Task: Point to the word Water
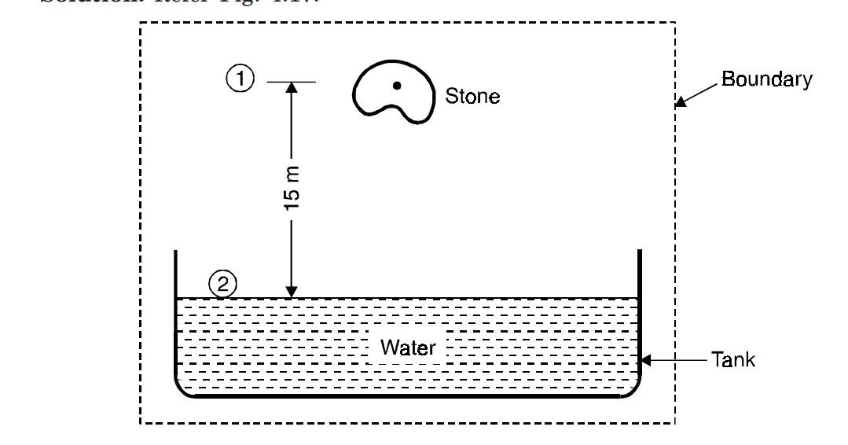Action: tap(408, 348)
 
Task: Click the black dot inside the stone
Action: tap(398, 85)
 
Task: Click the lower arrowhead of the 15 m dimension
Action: tap(291, 292)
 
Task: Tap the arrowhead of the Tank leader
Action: tap(647, 361)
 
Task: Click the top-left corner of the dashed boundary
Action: tap(141, 23)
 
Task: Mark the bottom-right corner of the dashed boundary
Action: tap(675, 423)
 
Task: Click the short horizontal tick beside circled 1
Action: tap(291, 82)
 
